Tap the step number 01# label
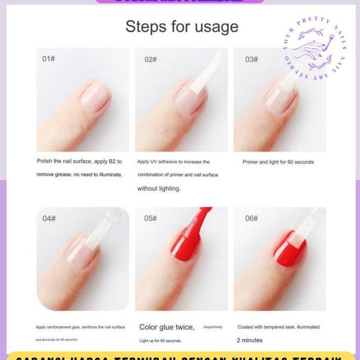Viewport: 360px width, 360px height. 48,59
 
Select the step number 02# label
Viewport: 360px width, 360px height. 150,59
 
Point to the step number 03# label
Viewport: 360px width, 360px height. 251,59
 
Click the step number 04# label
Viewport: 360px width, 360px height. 49,218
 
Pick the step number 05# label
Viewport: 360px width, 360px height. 150,218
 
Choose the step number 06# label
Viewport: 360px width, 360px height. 251,218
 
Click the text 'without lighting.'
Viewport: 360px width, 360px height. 159,189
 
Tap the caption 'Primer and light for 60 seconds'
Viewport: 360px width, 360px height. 278,162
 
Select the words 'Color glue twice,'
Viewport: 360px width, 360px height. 167,327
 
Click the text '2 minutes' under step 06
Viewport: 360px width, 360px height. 250,340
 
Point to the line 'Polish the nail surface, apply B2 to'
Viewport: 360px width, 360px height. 80,161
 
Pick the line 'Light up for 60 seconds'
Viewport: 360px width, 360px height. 160,341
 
